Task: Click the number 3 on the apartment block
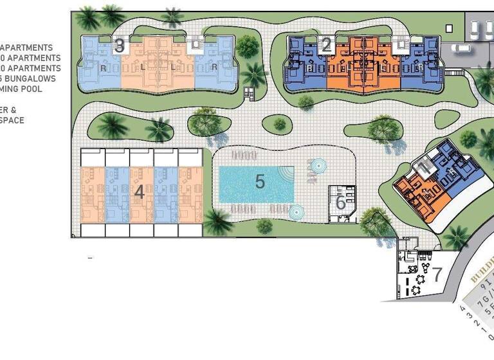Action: (x=119, y=46)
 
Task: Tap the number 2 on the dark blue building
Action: (x=326, y=44)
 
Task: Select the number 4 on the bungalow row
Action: (x=140, y=192)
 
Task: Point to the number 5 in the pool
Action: (x=260, y=181)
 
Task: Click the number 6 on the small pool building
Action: (x=340, y=203)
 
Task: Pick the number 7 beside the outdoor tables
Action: (x=437, y=274)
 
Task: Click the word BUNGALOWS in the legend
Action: (x=33, y=78)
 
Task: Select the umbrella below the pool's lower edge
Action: (x=296, y=211)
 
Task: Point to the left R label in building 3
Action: (x=103, y=66)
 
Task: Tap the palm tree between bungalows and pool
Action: (x=217, y=221)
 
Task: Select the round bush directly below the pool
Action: (x=262, y=225)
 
